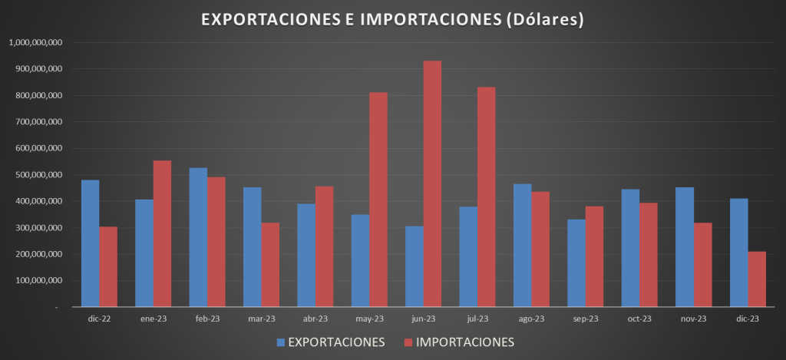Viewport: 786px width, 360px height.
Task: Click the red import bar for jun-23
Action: click(433, 184)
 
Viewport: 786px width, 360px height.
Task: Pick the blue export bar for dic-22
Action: click(90, 243)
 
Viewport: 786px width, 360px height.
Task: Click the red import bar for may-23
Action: click(378, 200)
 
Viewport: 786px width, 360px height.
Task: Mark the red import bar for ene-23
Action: click(162, 233)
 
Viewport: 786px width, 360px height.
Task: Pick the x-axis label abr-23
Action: click(315, 319)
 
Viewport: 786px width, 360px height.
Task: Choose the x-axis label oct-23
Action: click(639, 319)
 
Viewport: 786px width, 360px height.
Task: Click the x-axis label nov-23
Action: click(694, 319)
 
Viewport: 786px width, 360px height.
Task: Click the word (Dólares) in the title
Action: click(547, 20)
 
